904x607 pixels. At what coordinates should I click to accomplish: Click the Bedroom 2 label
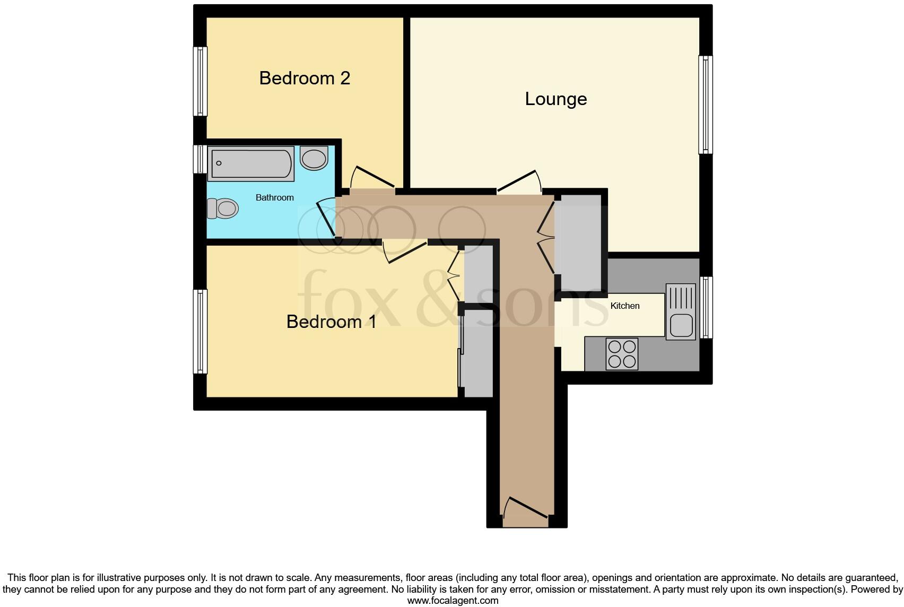(x=305, y=78)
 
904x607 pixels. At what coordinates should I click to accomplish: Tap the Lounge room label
(x=555, y=99)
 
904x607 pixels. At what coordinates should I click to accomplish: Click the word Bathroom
(x=274, y=197)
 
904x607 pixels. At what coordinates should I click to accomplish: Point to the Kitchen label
(x=624, y=306)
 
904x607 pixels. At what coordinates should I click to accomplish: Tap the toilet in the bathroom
(x=222, y=208)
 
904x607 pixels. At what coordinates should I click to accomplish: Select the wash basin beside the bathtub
(x=314, y=158)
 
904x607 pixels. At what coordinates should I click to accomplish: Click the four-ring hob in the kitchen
(x=622, y=354)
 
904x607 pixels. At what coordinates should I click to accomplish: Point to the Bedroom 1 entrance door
(x=405, y=252)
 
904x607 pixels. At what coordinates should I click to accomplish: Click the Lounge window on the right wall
(x=706, y=105)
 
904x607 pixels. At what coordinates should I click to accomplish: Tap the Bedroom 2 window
(x=200, y=81)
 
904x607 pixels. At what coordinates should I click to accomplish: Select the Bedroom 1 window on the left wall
(x=200, y=331)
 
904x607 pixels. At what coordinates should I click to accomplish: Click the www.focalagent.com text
(x=453, y=601)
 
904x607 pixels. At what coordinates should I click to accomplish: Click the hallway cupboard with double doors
(x=578, y=241)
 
